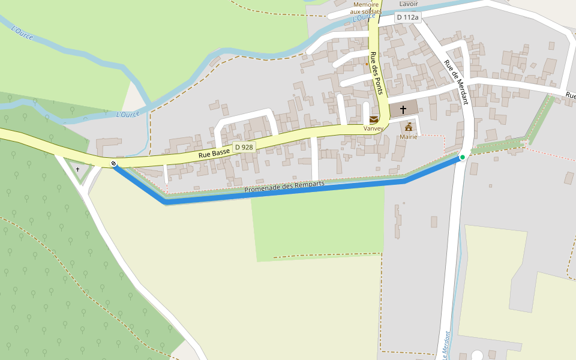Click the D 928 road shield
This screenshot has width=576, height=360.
244,147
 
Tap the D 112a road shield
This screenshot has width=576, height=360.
407,18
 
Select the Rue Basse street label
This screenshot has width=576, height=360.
214,154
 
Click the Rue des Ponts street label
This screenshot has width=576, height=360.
376,73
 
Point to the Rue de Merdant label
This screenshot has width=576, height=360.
456,83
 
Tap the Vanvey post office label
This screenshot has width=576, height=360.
373,128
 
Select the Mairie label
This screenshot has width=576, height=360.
409,137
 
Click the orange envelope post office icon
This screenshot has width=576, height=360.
374,119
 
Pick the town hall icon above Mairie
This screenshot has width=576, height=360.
409,127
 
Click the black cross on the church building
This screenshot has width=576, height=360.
403,109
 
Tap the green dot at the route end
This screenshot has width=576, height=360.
462,157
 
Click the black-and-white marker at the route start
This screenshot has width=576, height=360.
113,164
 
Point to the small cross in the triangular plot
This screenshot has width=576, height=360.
77,170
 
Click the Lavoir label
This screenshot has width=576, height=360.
409,4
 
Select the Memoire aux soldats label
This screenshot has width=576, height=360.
367,8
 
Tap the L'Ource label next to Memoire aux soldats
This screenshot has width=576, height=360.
364,17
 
